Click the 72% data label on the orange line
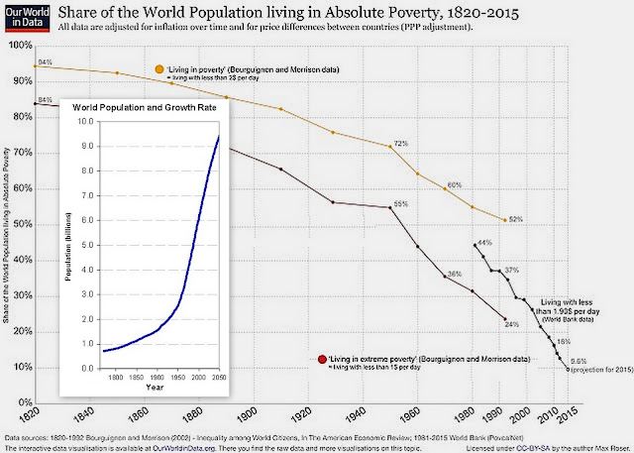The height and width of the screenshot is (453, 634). [x=401, y=144]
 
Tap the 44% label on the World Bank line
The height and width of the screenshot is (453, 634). [x=484, y=243]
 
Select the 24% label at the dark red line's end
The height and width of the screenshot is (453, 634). [x=511, y=324]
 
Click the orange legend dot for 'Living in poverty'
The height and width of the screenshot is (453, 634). [x=158, y=69]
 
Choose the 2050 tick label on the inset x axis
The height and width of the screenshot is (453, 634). [x=218, y=377]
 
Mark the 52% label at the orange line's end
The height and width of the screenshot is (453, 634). [x=516, y=219]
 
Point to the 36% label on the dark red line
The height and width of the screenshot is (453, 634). [x=455, y=273]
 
